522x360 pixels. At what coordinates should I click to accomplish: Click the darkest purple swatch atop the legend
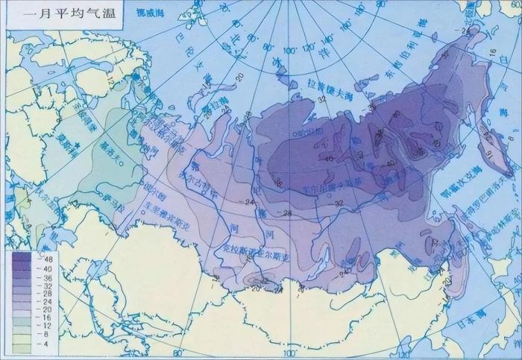21,258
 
